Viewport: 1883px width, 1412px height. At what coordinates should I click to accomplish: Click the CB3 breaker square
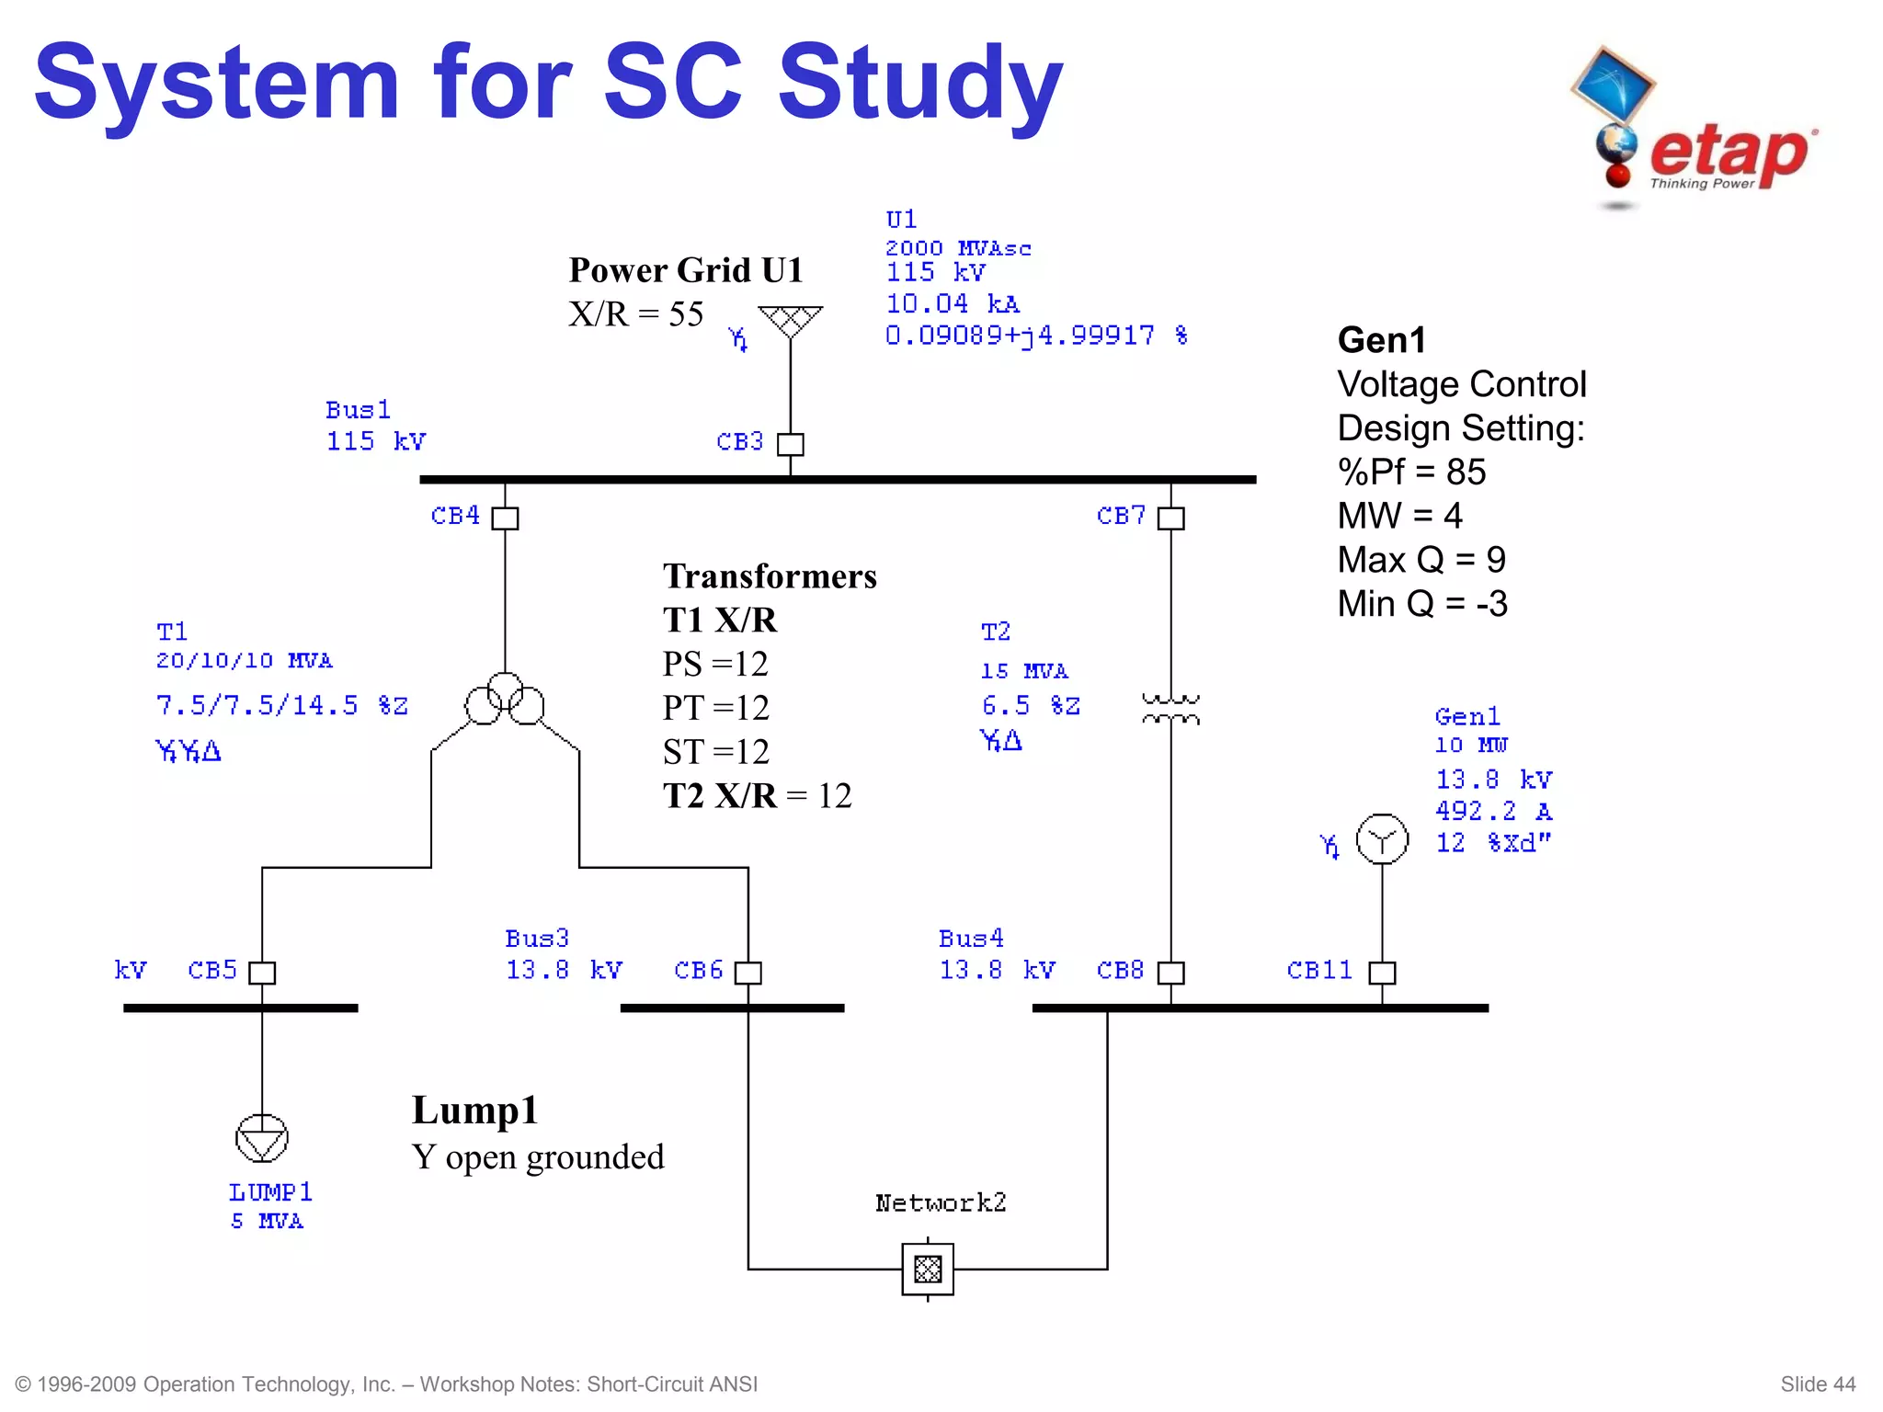pyautogui.click(x=790, y=444)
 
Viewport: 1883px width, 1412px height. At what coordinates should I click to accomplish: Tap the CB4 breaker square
pyautogui.click(x=505, y=518)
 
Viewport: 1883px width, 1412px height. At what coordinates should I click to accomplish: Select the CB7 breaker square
pyautogui.click(x=1170, y=518)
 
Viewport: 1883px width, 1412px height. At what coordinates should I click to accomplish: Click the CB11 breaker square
pyautogui.click(x=1382, y=973)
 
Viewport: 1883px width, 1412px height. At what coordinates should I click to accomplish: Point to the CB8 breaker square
pyautogui.click(x=1170, y=973)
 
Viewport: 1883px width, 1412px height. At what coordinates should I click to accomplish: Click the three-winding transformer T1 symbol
pyautogui.click(x=505, y=700)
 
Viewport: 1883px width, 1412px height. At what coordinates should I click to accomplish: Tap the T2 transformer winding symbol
pyautogui.click(x=1170, y=709)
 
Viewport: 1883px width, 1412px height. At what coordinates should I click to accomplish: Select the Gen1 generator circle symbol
pyautogui.click(x=1382, y=839)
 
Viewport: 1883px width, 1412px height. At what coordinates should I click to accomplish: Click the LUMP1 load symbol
pyautogui.click(x=262, y=1138)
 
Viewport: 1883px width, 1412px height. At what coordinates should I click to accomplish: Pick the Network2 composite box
pyautogui.click(x=928, y=1270)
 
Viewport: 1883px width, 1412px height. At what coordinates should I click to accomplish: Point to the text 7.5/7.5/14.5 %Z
pyautogui.click(x=281, y=706)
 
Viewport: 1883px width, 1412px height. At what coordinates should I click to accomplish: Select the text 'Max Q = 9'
pyautogui.click(x=1421, y=560)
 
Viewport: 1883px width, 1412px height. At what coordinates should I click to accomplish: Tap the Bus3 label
pyautogui.click(x=537, y=939)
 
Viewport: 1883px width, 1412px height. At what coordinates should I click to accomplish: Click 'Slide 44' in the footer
pyautogui.click(x=1817, y=1384)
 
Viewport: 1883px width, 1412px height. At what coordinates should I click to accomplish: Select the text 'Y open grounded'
pyautogui.click(x=537, y=1157)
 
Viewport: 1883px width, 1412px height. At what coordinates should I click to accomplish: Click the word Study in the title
pyautogui.click(x=920, y=85)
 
